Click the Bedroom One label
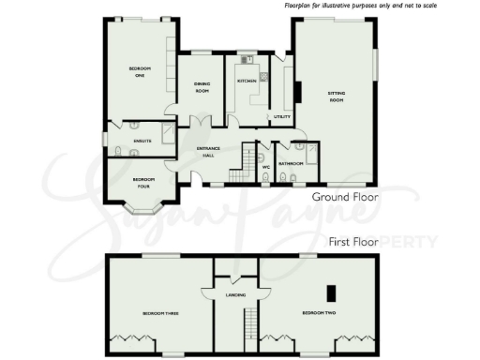click(139, 72)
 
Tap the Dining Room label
click(202, 89)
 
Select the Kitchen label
click(247, 82)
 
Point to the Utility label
click(281, 116)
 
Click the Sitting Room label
click(336, 96)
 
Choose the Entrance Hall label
click(207, 152)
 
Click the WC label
click(266, 168)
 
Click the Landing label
click(235, 295)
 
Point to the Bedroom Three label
click(160, 312)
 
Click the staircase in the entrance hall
click(248, 157)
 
